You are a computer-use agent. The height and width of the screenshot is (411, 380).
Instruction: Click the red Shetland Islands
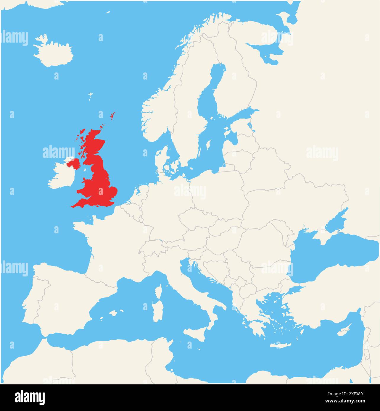pyautogui.click(x=112, y=116)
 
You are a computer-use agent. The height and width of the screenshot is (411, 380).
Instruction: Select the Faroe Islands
pyautogui.click(x=90, y=96)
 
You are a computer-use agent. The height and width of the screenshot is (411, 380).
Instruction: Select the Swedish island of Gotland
pyautogui.click(x=208, y=146)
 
